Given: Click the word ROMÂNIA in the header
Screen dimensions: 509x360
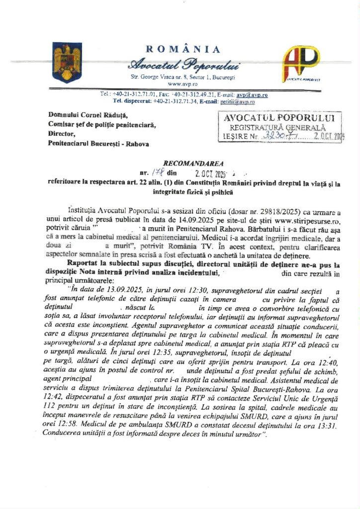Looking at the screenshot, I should (x=183, y=49).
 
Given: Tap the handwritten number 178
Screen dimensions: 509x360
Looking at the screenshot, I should (x=158, y=173).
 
